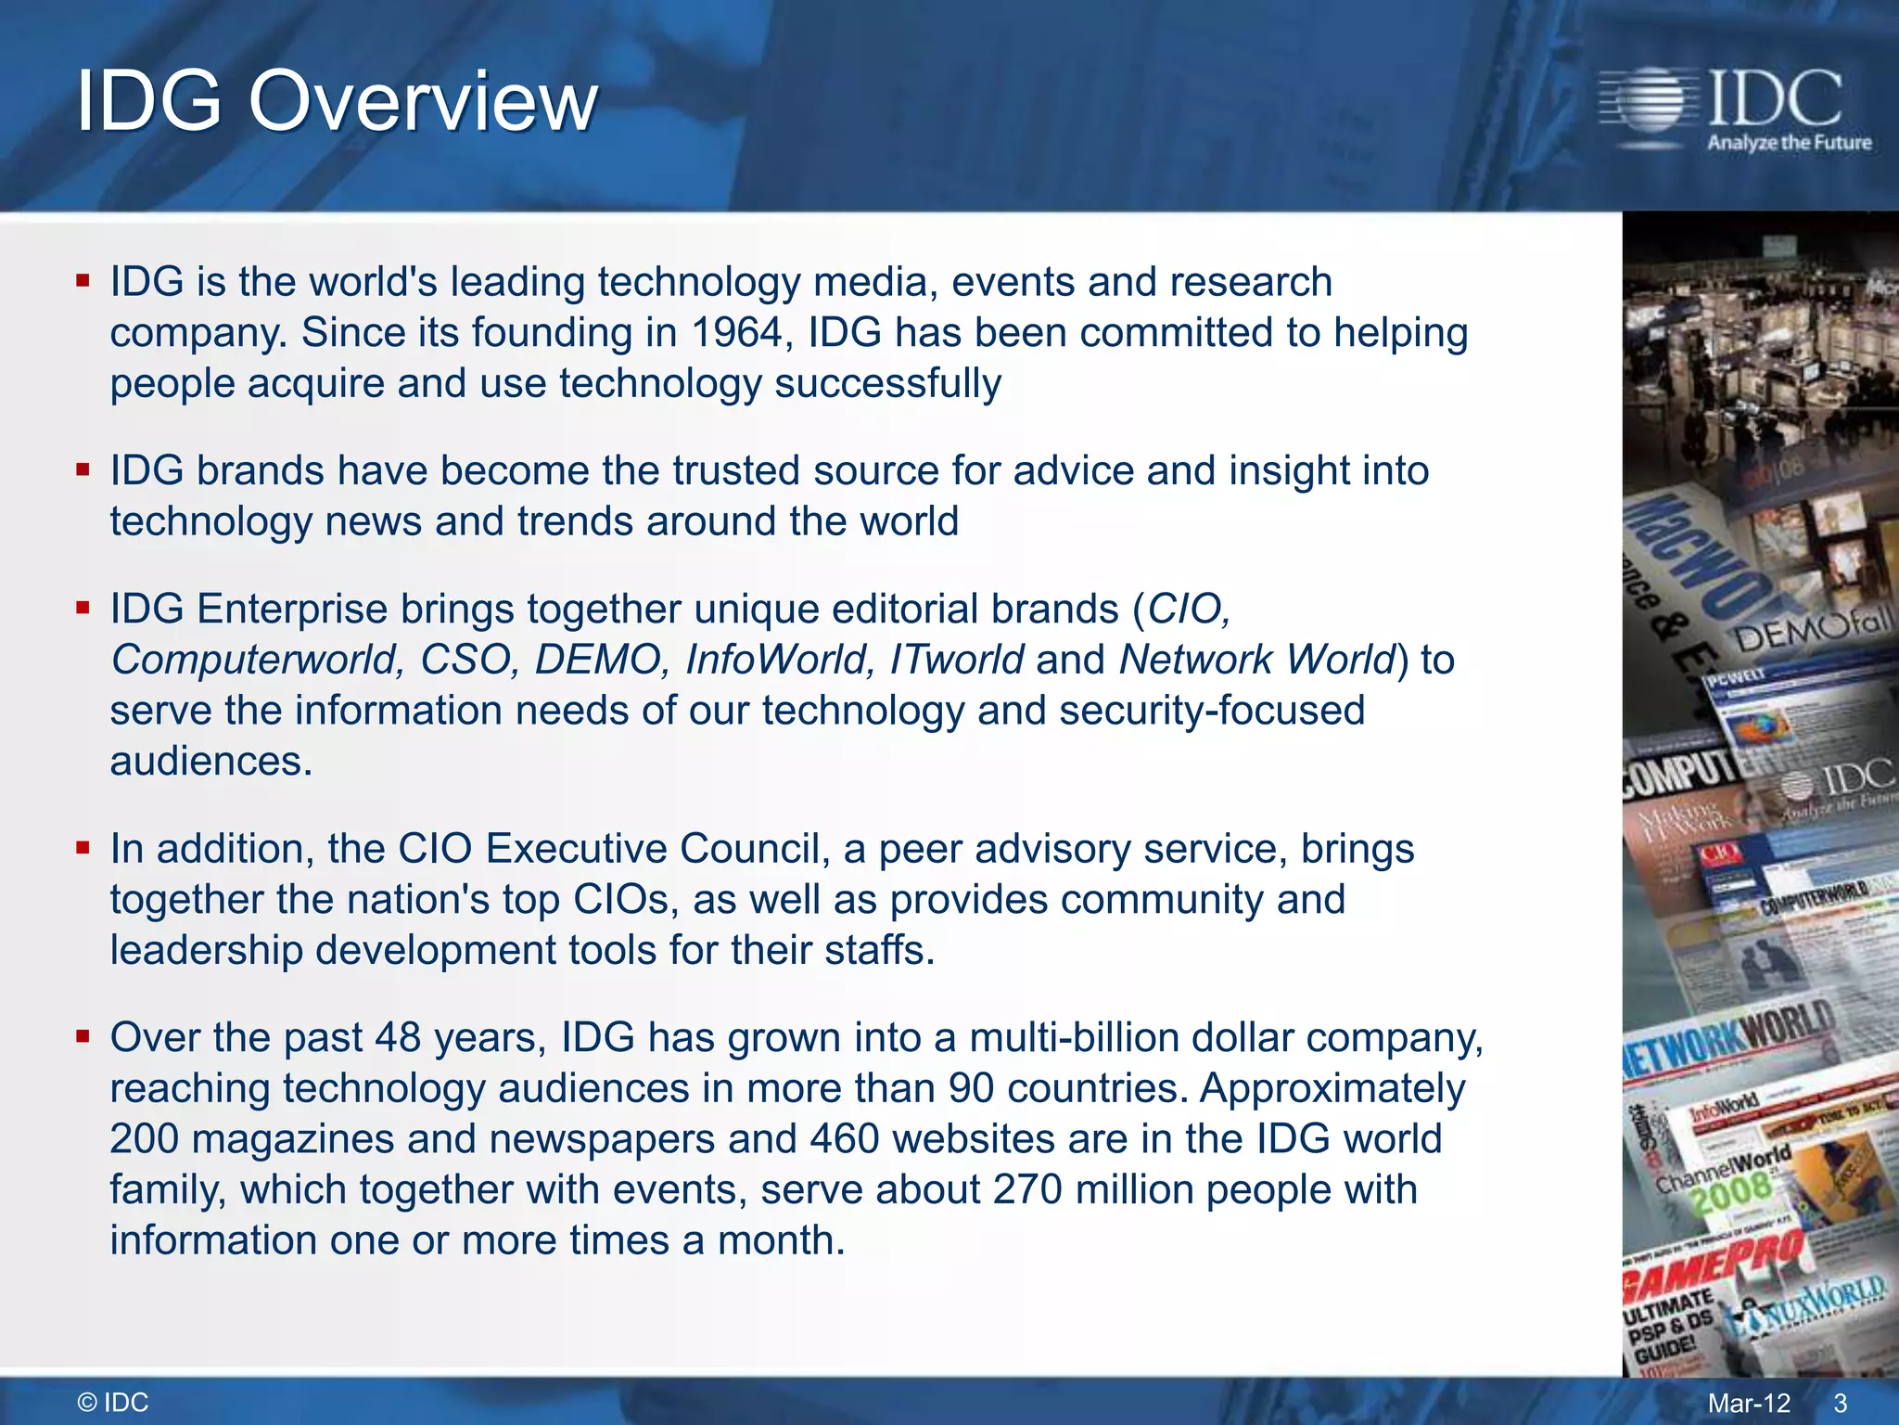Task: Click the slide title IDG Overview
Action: click(x=337, y=101)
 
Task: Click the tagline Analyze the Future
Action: click(x=1790, y=143)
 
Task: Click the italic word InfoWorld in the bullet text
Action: click(x=779, y=660)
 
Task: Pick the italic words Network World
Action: click(x=1256, y=660)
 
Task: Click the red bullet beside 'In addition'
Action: click(x=83, y=847)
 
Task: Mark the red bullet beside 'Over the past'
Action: click(x=83, y=1035)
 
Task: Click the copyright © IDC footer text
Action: click(x=113, y=1402)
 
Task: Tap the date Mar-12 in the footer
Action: click(x=1749, y=1403)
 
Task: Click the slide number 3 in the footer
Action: click(x=1841, y=1403)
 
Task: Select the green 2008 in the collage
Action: click(x=1730, y=1193)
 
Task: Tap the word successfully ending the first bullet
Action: click(x=887, y=384)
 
